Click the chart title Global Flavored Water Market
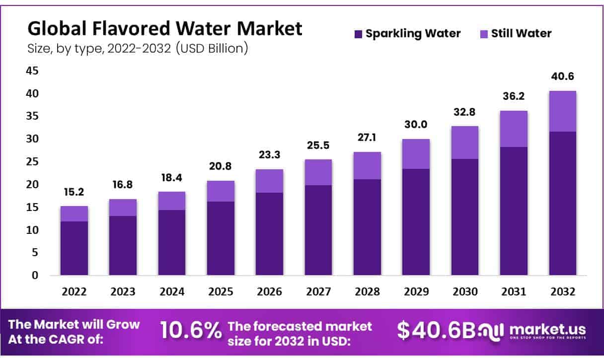(x=164, y=29)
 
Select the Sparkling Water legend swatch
(x=358, y=34)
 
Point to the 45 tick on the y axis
(x=32, y=71)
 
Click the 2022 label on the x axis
(x=74, y=292)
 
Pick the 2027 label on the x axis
(x=318, y=292)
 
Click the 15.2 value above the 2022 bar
(x=74, y=192)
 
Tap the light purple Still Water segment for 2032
(x=562, y=111)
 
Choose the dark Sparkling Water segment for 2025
(x=221, y=238)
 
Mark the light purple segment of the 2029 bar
(x=416, y=154)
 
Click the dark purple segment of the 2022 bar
(x=74, y=248)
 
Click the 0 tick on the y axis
(x=35, y=275)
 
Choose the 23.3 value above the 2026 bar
(x=269, y=155)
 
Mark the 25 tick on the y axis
(x=32, y=162)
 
